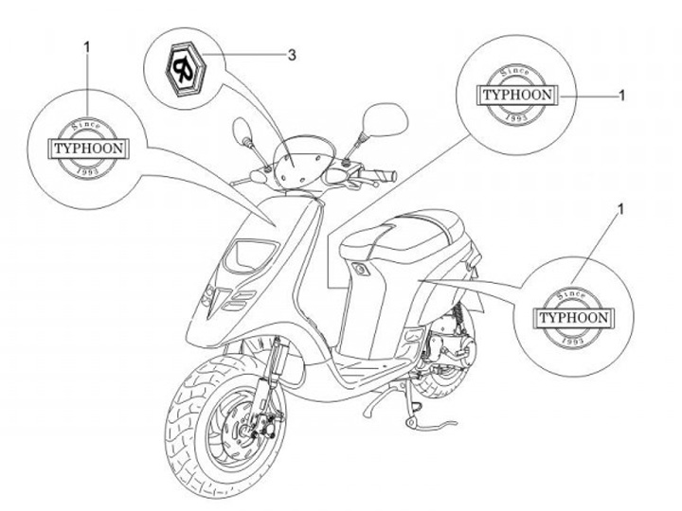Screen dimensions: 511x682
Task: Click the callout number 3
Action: (292, 55)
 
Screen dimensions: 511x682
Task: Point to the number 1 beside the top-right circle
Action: (621, 95)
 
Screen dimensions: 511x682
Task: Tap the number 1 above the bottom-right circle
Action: (620, 205)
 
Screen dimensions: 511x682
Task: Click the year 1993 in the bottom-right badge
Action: (572, 341)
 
